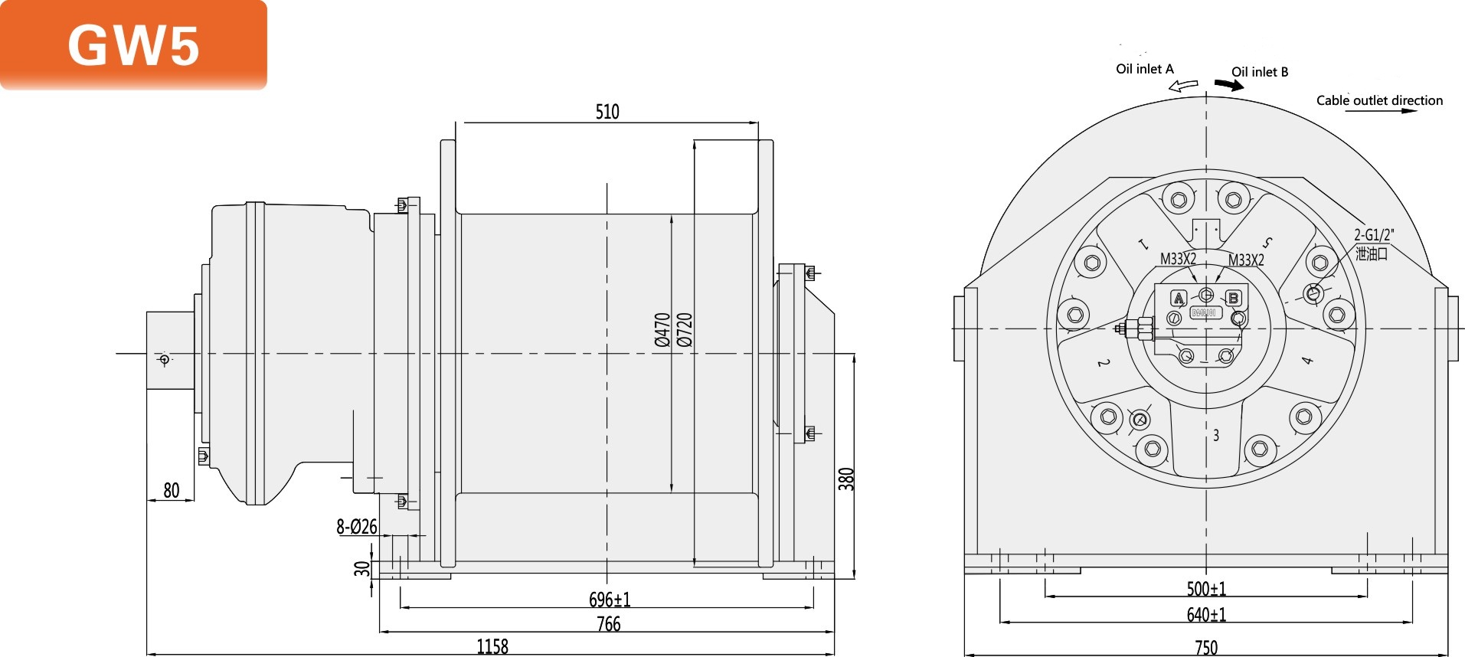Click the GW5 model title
pyautogui.click(x=133, y=45)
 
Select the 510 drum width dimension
pyautogui.click(x=607, y=112)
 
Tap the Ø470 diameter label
pyautogui.click(x=662, y=329)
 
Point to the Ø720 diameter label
pyautogui.click(x=685, y=329)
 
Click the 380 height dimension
pyautogui.click(x=845, y=479)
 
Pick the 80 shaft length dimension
pyautogui.click(x=172, y=490)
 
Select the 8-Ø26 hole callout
pyautogui.click(x=357, y=526)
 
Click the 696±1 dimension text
pyautogui.click(x=610, y=599)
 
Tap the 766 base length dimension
pyautogui.click(x=608, y=623)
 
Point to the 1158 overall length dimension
pyautogui.click(x=492, y=646)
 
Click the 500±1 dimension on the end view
pyautogui.click(x=1206, y=588)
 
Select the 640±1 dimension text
pyautogui.click(x=1206, y=614)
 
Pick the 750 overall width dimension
pyautogui.click(x=1206, y=648)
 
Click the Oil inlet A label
pyautogui.click(x=1144, y=69)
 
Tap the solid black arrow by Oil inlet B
pyautogui.click(x=1229, y=85)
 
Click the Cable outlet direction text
pyautogui.click(x=1379, y=100)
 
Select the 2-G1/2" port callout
pyautogui.click(x=1374, y=235)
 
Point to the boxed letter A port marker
pyautogui.click(x=1179, y=298)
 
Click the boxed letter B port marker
pyautogui.click(x=1233, y=298)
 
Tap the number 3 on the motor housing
pyautogui.click(x=1216, y=435)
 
